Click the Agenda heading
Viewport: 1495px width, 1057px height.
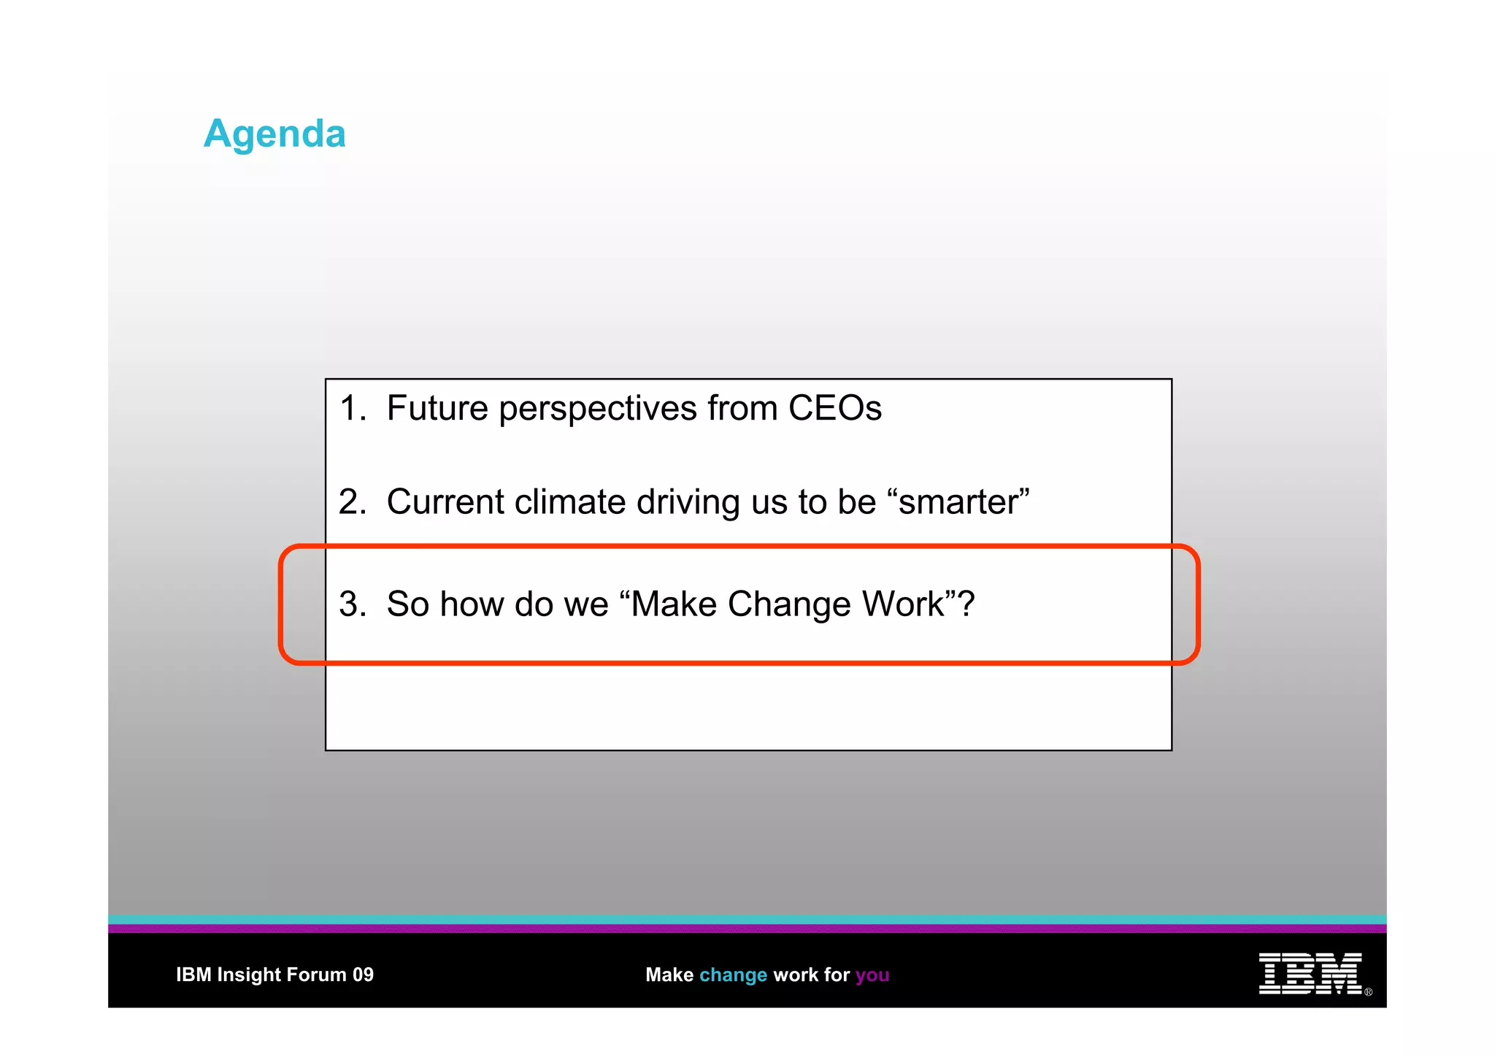tap(274, 134)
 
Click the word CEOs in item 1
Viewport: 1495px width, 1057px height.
tap(834, 408)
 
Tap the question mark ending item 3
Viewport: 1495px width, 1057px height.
tap(966, 604)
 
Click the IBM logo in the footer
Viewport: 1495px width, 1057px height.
tap(1310, 974)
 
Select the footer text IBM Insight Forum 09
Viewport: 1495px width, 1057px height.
tap(274, 975)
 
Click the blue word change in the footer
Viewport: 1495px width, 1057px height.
tap(733, 975)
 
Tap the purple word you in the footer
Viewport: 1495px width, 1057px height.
tap(872, 975)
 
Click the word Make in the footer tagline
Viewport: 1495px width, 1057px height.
tap(669, 975)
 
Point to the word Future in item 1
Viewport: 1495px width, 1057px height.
tap(437, 408)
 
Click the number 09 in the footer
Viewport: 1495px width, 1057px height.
tap(363, 975)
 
